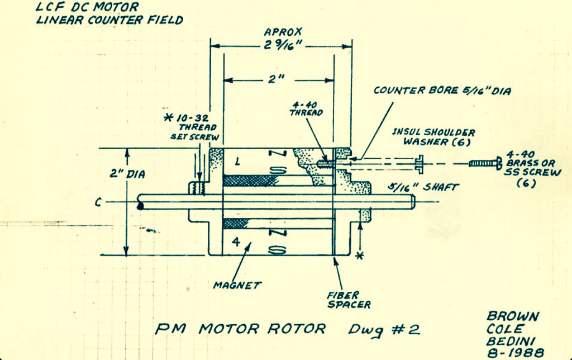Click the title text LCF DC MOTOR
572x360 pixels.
[87, 7]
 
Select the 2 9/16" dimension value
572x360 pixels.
[283, 45]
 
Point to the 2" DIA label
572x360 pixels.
[127, 174]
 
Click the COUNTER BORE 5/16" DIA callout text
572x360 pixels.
[442, 90]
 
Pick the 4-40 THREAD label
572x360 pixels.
[306, 109]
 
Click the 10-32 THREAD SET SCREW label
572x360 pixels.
[192, 127]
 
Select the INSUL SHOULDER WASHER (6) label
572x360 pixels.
[433, 137]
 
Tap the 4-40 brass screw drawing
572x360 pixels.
[485, 163]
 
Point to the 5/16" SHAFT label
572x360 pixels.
[423, 187]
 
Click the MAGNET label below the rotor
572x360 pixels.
[237, 285]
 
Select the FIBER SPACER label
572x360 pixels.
[349, 300]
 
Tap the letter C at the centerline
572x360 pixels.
[98, 202]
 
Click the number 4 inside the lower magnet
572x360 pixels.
[236, 241]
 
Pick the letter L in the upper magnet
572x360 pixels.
[237, 161]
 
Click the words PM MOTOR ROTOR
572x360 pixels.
[240, 329]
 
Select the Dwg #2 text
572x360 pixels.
[384, 330]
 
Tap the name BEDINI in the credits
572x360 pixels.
[511, 341]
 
